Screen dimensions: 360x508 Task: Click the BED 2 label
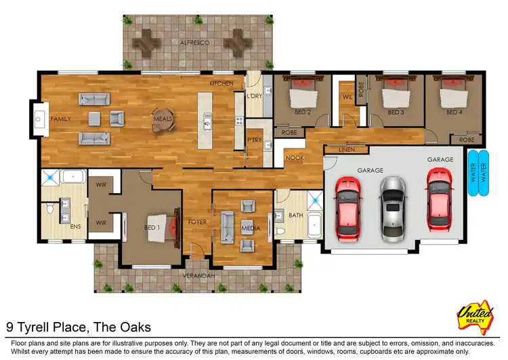(x=303, y=112)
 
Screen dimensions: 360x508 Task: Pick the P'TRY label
(x=254, y=140)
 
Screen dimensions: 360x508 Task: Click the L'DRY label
(x=254, y=96)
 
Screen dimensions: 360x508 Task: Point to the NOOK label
(x=294, y=158)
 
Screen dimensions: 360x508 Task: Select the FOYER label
(x=197, y=222)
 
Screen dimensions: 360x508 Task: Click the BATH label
(x=295, y=216)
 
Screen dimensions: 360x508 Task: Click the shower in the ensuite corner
(x=49, y=179)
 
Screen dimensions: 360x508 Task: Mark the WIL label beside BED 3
(x=347, y=97)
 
